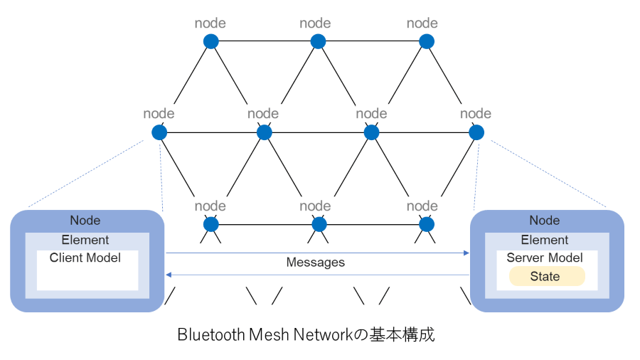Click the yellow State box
545,277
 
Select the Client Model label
85,258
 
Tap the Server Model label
545,258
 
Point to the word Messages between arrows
315,263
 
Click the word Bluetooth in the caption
211,334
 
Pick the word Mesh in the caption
270,334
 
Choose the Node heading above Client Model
85,221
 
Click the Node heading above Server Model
545,221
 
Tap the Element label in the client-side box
85,240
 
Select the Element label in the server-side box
545,240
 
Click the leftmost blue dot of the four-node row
159,132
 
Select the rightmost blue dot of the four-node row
476,132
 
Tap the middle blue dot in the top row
318,41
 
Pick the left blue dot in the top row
211,41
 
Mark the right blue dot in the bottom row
426,224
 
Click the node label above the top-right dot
422,23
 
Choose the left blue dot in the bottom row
211,224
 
